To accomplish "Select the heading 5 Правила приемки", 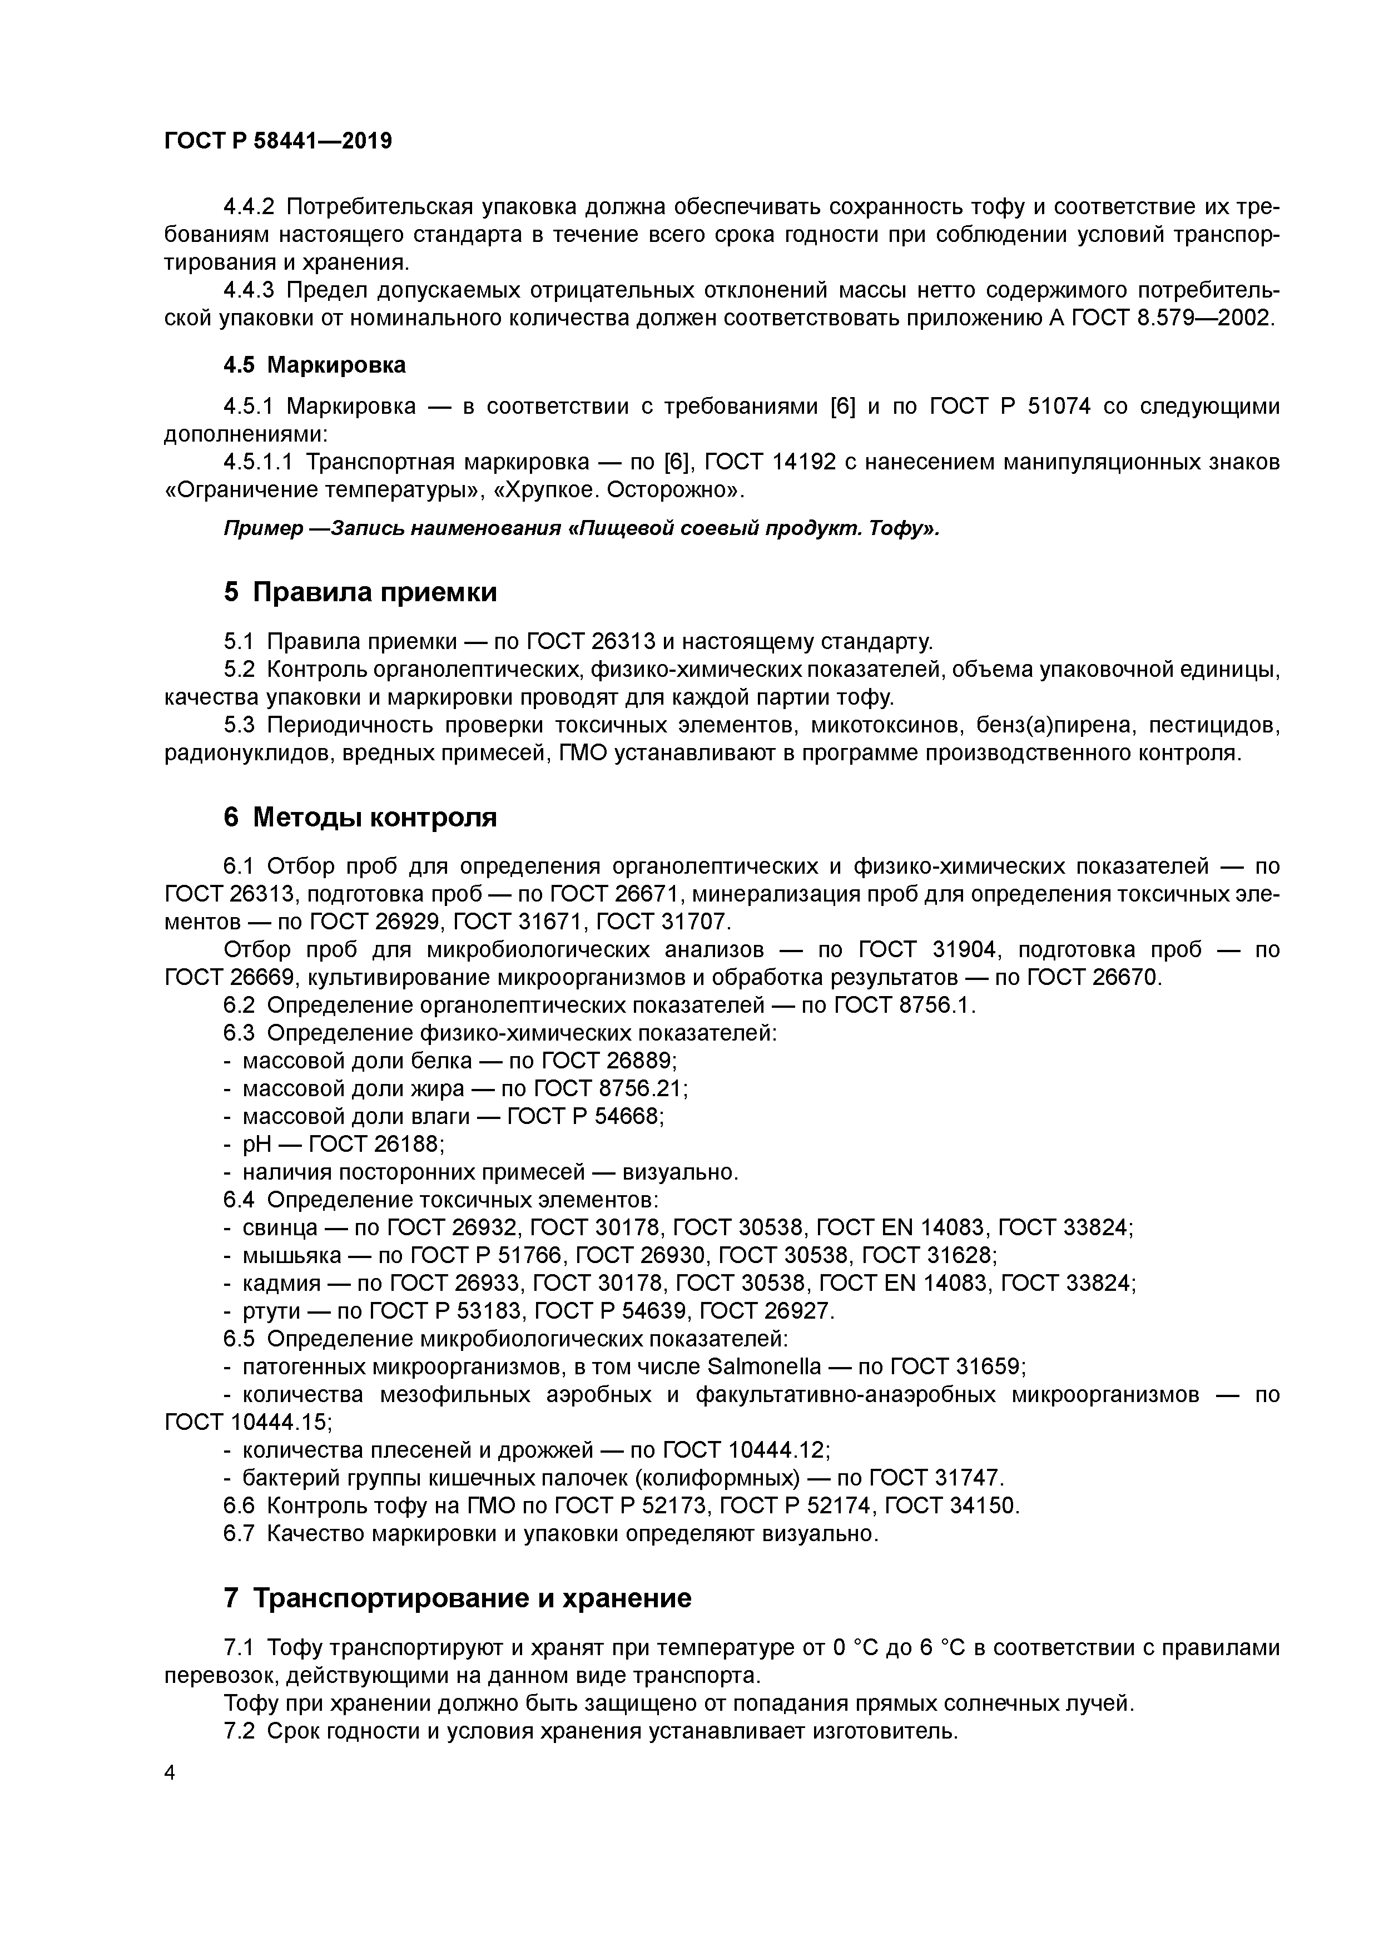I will point(360,592).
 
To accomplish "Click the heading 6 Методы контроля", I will point(360,818).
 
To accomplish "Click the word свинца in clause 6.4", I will point(280,1227).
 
